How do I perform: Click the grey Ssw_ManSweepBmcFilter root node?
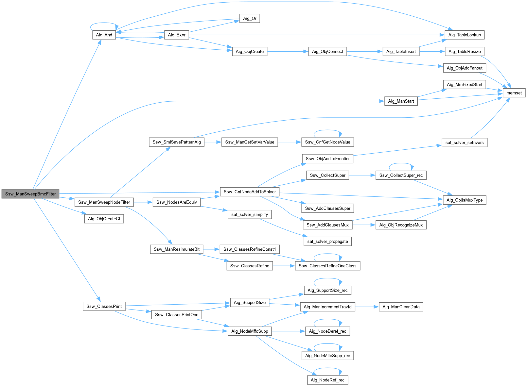pos(30,194)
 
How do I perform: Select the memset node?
pos(514,93)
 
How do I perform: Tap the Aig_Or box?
pos(250,18)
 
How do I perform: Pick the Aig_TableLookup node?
pos(465,35)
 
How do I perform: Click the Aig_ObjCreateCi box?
pos(104,219)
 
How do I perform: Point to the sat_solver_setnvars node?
pos(465,143)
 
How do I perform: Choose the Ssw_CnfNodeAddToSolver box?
pos(250,192)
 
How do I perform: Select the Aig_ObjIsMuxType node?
pos(465,200)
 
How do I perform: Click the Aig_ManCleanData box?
pos(401,307)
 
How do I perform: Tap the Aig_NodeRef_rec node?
pos(327,380)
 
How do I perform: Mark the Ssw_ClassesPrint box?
pos(104,306)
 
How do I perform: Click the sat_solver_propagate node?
pos(327,241)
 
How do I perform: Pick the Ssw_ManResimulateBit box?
pos(177,249)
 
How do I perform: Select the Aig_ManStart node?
pos(401,101)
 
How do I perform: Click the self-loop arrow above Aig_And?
pos(104,23)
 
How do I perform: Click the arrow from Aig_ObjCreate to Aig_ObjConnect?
pos(288,51)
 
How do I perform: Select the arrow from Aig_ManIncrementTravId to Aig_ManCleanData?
pos(367,307)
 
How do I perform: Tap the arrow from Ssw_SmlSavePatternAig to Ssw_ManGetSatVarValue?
pos(213,142)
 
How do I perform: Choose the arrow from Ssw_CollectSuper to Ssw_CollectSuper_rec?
pos(362,175)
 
